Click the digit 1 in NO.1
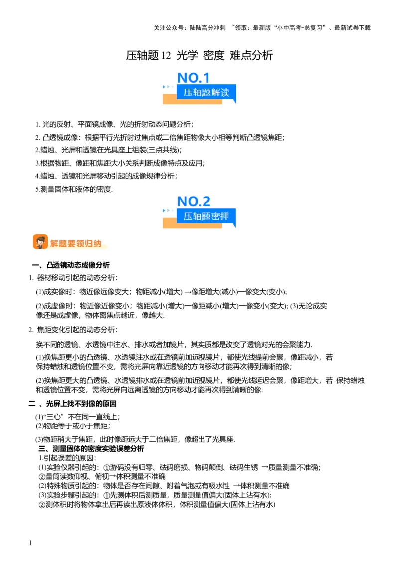coord(207,78)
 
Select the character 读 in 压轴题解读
coord(225,92)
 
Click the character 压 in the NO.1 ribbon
coord(188,92)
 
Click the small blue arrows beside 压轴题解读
coord(168,87)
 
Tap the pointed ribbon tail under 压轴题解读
coord(234,101)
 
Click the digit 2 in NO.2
coord(207,202)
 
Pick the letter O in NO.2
coord(194,202)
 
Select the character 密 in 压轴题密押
coord(215,216)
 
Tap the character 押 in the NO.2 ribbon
coord(225,216)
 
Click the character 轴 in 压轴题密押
coord(197,216)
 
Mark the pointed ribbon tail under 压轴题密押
coord(234,225)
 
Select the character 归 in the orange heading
coord(89,244)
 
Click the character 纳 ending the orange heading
coord(97,244)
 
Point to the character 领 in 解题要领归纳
coord(80,244)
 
